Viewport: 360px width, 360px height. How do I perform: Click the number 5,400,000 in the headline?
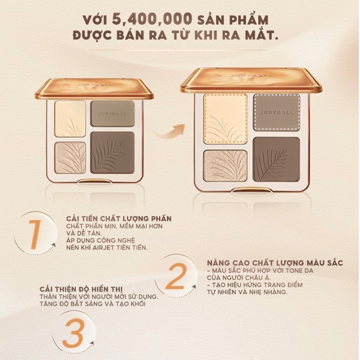click(x=152, y=19)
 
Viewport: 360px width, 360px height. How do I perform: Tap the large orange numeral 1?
click(x=35, y=234)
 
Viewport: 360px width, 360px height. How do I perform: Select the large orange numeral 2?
click(x=175, y=277)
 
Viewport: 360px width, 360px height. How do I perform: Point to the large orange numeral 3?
click(x=73, y=333)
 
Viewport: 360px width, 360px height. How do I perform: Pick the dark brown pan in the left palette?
click(x=112, y=152)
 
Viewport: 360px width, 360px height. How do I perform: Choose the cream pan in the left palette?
click(x=70, y=119)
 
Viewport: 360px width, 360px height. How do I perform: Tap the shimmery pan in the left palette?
click(x=70, y=158)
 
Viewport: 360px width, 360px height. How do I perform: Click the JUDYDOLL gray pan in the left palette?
click(x=112, y=114)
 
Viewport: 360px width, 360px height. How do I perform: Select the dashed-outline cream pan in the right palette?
click(x=225, y=119)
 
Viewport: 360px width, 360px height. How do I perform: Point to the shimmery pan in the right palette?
click(x=225, y=166)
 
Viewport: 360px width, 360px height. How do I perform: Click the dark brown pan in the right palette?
click(x=276, y=159)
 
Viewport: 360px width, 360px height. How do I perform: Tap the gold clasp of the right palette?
click(x=251, y=190)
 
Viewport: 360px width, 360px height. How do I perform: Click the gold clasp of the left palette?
click(x=94, y=181)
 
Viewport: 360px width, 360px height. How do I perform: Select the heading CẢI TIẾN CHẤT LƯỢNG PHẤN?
click(x=119, y=218)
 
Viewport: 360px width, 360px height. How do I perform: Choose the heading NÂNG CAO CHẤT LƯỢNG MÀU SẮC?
click(x=275, y=263)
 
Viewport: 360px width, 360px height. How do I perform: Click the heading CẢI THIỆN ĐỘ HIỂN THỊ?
click(x=81, y=289)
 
